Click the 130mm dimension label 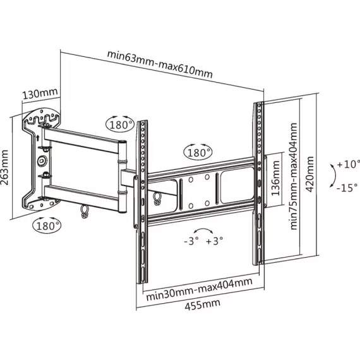click(40, 93)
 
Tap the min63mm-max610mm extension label click(160, 64)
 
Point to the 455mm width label click(203, 304)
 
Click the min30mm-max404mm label click(200, 289)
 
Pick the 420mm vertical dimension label click(310, 174)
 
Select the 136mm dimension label click(275, 178)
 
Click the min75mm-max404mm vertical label click(294, 176)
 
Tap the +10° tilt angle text click(348, 164)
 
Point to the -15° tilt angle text click(347, 188)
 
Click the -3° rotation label click(191, 241)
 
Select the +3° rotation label click(215, 241)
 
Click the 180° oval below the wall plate click(47, 225)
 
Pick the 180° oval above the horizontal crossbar click(198, 152)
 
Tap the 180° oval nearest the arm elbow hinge click(120, 124)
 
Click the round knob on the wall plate click(42, 160)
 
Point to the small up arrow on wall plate click(38, 138)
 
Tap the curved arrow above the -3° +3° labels click(203, 230)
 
